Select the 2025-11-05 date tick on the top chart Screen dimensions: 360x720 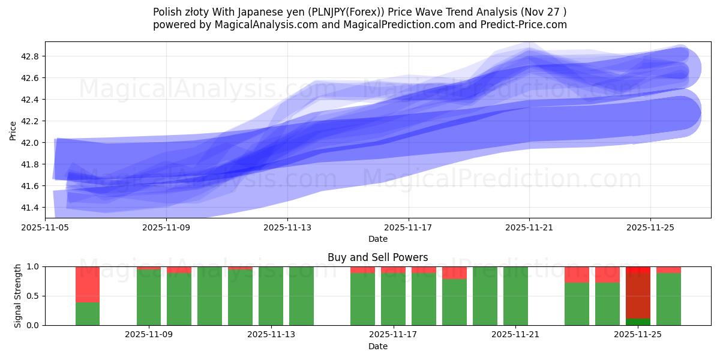coord(45,227)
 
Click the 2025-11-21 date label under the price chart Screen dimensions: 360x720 coord(529,227)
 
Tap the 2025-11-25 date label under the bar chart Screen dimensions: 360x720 coord(637,335)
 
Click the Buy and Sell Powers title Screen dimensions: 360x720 coord(377,257)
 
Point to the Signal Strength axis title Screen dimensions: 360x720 coord(18,296)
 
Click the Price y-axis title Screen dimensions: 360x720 coord(13,130)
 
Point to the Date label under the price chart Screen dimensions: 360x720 coord(377,239)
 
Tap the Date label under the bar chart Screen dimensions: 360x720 coord(377,346)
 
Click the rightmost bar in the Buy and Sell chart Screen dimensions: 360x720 coord(668,297)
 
